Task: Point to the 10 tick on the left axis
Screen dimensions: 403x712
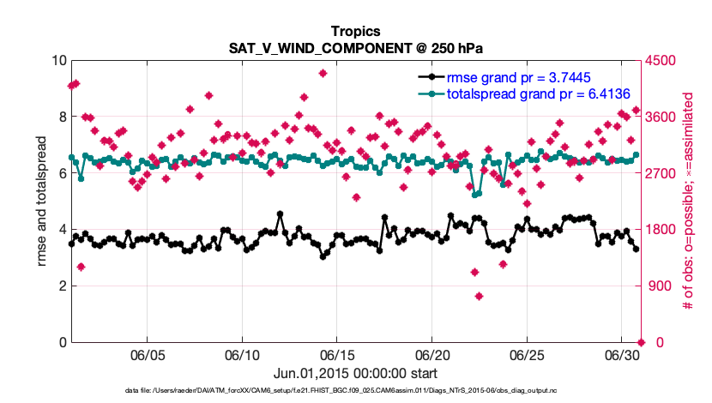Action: click(x=59, y=61)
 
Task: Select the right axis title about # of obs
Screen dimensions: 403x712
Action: click(x=687, y=201)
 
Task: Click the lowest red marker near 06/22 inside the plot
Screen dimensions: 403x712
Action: click(x=479, y=297)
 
